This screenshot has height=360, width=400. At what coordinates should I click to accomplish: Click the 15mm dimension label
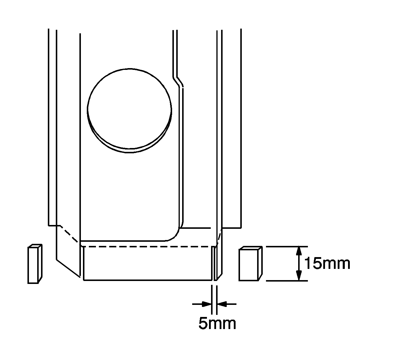[x=327, y=263]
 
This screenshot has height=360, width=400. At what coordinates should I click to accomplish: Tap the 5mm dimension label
[x=217, y=323]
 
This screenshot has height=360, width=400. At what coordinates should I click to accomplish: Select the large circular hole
[x=130, y=110]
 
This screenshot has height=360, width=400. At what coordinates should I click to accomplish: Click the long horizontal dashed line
[x=148, y=246]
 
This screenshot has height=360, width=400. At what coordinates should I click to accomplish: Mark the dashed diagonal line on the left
[x=69, y=234]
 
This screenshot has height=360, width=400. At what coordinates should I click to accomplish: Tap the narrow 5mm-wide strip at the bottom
[x=215, y=263]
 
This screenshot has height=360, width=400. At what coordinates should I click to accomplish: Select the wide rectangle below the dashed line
[x=148, y=263]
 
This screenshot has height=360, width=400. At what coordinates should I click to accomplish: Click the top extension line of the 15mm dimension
[x=280, y=246]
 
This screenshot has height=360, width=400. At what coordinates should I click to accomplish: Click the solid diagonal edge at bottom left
[x=68, y=268]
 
